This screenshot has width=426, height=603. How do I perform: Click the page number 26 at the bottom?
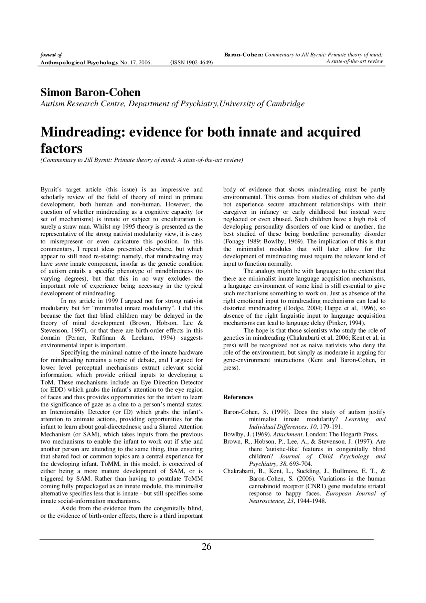pyautogui.click(x=206, y=547)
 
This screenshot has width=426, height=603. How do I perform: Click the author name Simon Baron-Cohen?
pyautogui.click(x=91, y=92)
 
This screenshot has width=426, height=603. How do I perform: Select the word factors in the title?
pyautogui.click(x=61, y=148)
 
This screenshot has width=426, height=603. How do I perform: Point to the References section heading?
pyautogui.click(x=238, y=397)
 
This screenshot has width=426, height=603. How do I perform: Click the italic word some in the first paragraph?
pyautogui.click(x=62, y=264)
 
